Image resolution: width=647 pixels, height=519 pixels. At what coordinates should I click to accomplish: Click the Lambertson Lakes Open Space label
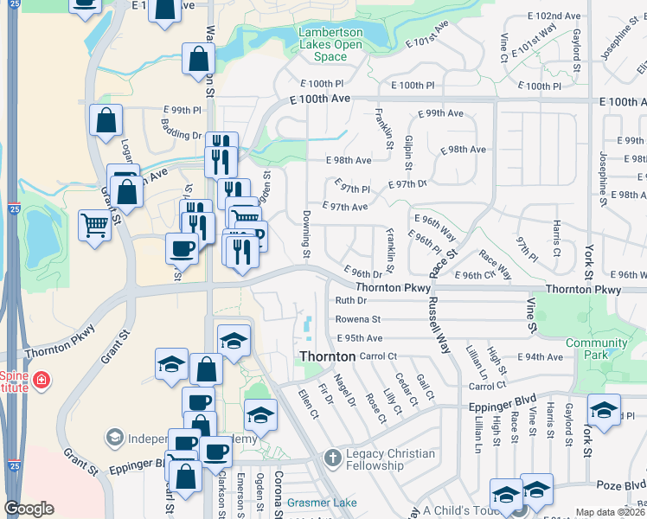(x=330, y=45)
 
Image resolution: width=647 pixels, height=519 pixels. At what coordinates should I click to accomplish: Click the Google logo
(x=29, y=509)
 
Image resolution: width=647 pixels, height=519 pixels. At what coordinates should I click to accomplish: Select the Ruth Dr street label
(x=350, y=301)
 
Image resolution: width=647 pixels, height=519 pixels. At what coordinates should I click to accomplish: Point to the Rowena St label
(x=358, y=319)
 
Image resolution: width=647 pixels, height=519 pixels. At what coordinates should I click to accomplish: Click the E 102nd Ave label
(x=557, y=16)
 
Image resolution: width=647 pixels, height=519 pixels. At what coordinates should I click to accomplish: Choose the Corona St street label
(x=279, y=488)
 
